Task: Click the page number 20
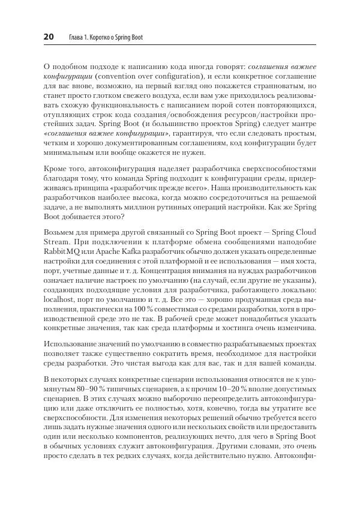(49, 37)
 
